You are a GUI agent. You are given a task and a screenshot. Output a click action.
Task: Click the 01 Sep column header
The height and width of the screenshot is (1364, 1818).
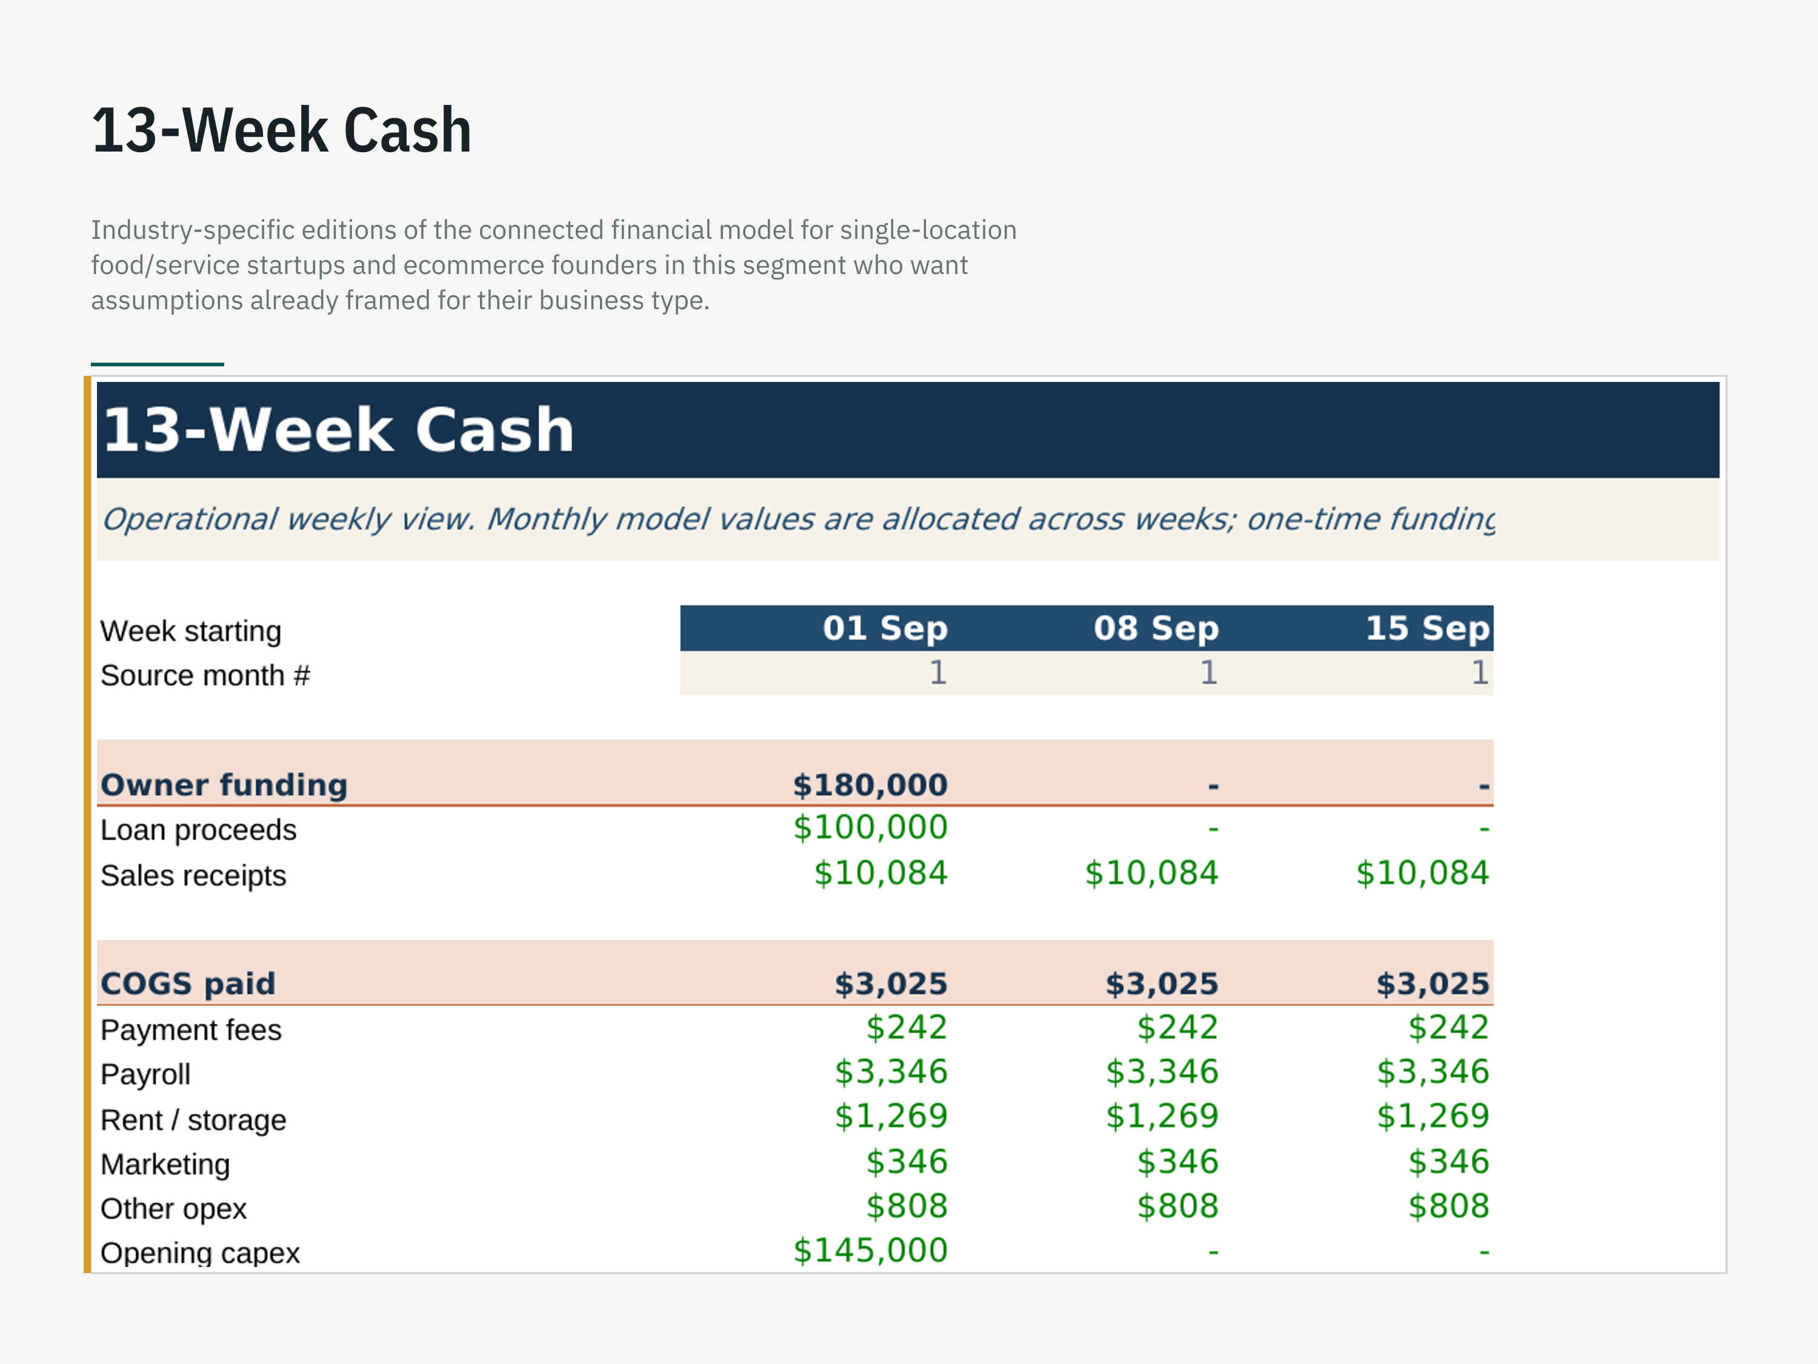click(885, 628)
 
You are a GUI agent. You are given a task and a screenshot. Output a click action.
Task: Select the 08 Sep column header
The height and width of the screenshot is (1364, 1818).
click(1156, 628)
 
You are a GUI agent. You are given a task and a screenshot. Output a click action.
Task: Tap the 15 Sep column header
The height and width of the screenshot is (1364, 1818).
click(1427, 628)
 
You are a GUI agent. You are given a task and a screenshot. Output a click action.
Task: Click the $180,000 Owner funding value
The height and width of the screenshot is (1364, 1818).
click(870, 785)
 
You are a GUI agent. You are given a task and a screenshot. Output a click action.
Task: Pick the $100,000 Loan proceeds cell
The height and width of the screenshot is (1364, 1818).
click(870, 827)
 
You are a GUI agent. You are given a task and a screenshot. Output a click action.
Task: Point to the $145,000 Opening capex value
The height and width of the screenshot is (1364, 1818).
click(870, 1251)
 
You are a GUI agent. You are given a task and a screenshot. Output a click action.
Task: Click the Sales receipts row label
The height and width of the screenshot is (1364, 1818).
click(193, 875)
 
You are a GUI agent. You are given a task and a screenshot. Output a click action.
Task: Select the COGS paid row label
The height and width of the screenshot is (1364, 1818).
click(188, 983)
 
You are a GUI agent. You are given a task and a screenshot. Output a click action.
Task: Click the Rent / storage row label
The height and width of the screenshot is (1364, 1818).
click(193, 1120)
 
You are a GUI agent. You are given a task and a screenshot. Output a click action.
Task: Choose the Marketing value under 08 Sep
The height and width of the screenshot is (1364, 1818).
click(1177, 1162)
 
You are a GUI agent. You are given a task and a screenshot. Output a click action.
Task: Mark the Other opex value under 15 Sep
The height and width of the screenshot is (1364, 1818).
click(1448, 1206)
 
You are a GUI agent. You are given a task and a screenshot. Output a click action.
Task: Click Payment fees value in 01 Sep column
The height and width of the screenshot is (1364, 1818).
click(907, 1028)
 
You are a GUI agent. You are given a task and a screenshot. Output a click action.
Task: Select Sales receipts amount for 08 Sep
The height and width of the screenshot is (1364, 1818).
click(1151, 873)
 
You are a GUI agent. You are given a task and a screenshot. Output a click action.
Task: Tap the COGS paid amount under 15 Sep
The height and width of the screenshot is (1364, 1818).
click(1433, 983)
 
